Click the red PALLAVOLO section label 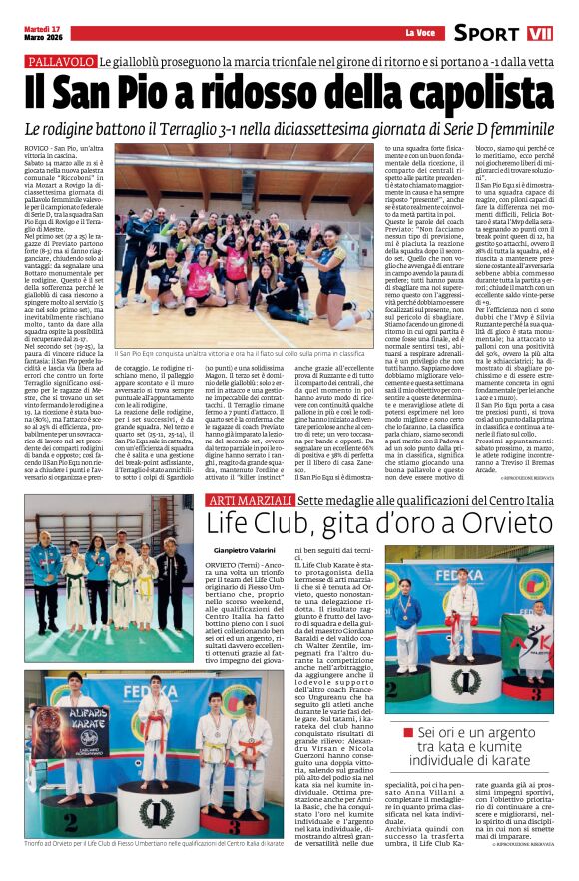click(x=56, y=61)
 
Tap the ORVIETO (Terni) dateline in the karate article click(x=232, y=564)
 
